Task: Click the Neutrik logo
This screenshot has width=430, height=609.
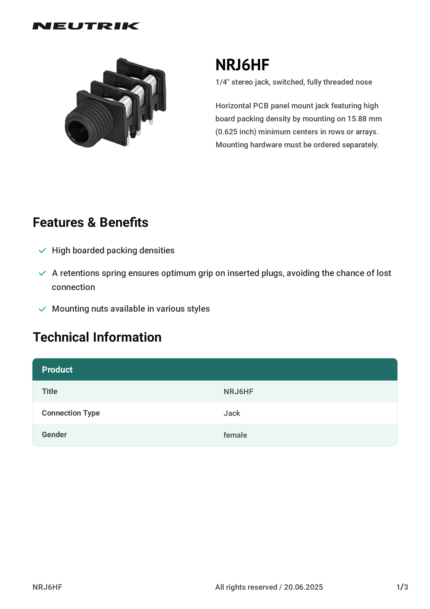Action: [86, 26]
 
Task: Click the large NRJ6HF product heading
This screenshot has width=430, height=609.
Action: [242, 65]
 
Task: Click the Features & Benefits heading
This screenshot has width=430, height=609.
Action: [90, 222]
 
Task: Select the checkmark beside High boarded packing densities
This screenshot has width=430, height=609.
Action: [42, 251]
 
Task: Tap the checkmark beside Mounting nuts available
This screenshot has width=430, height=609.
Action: [42, 309]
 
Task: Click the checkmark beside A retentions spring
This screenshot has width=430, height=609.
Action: [42, 273]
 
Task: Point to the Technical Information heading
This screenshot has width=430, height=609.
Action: [97, 337]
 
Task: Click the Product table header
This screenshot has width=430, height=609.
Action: [57, 369]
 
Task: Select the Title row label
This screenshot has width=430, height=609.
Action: [49, 391]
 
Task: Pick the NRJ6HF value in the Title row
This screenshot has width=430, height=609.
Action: [239, 392]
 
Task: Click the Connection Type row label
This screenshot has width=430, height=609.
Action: [71, 413]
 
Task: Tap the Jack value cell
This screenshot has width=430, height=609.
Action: [232, 413]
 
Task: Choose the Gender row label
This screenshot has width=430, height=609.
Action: [54, 435]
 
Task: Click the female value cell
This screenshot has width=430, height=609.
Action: [235, 435]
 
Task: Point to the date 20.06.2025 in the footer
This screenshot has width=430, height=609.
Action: [303, 587]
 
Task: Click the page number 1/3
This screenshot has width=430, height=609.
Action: [402, 587]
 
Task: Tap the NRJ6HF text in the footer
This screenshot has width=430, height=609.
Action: [47, 587]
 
